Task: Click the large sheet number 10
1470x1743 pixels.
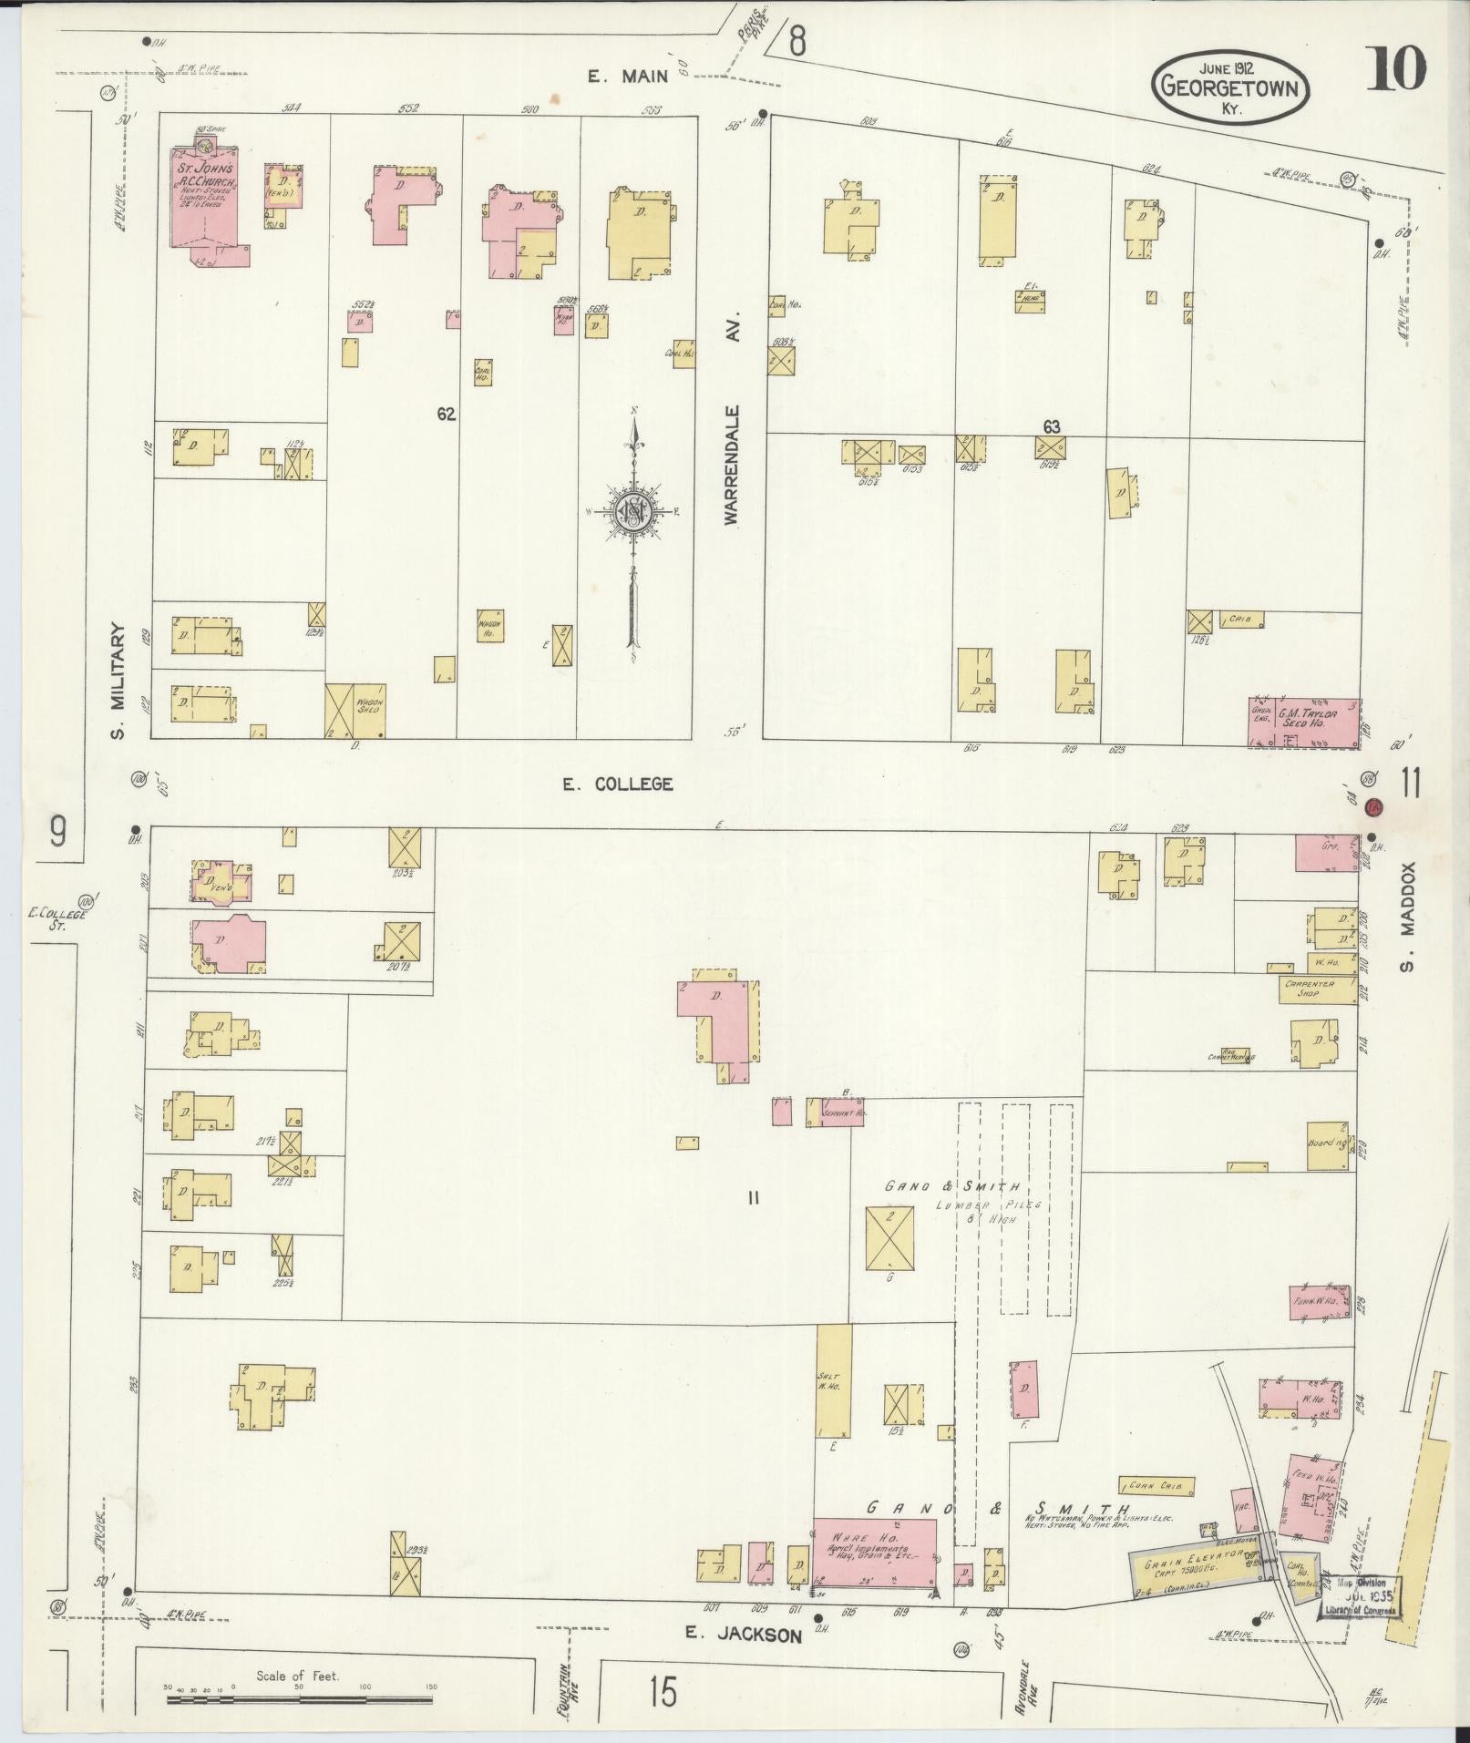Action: point(1395,70)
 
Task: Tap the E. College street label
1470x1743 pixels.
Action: point(617,784)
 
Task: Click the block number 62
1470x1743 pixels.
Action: point(446,414)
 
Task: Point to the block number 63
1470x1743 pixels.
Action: point(1052,425)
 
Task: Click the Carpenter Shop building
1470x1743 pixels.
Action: point(1315,989)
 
